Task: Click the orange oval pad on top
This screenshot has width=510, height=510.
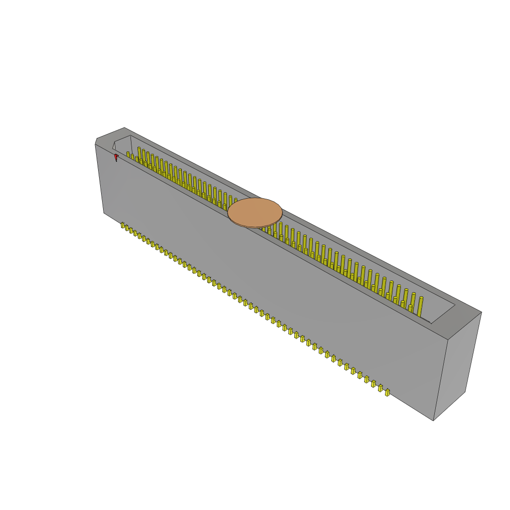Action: (x=255, y=213)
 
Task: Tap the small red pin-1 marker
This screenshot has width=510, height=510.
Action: (x=116, y=157)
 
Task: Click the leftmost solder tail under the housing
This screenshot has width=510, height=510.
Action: (x=123, y=225)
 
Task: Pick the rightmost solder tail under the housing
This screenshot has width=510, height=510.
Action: (x=387, y=392)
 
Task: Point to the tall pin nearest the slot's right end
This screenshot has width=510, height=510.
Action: (x=420, y=306)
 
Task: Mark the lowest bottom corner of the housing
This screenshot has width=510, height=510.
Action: (x=433, y=420)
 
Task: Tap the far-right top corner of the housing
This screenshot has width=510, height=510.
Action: (x=481, y=312)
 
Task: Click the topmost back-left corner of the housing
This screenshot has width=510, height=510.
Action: (x=124, y=128)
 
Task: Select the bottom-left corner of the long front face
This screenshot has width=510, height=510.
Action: (x=104, y=213)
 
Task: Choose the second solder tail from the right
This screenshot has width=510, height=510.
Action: (x=381, y=388)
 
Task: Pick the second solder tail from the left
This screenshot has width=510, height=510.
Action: (x=127, y=228)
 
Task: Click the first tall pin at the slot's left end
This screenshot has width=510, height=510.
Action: (x=139, y=153)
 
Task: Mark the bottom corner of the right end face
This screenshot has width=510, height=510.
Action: (x=465, y=391)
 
